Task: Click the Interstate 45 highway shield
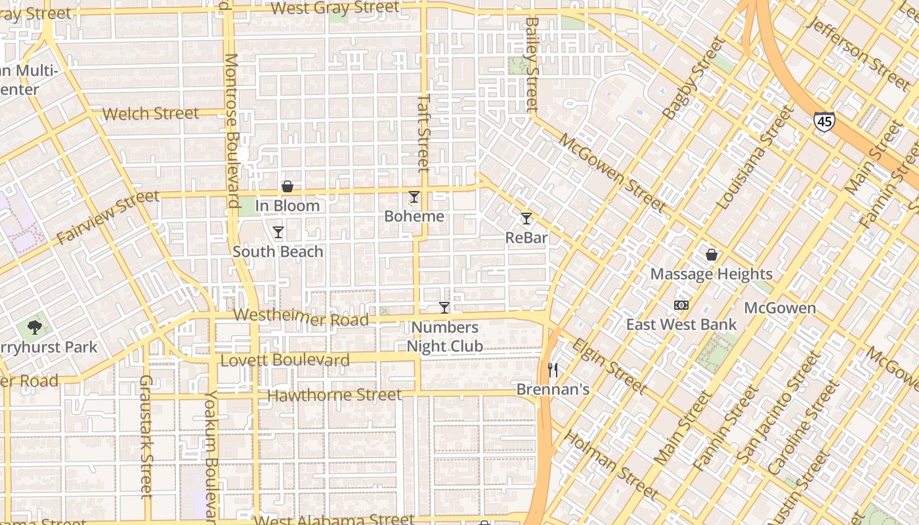tap(824, 121)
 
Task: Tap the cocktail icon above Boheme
tap(414, 197)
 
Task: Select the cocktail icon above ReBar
tap(526, 219)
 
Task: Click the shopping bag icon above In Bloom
tap(287, 186)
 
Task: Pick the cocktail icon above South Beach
tap(278, 232)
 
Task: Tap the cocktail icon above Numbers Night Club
tap(444, 308)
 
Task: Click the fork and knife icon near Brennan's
tap(553, 370)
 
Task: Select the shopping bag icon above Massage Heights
tap(711, 255)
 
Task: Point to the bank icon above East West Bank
tap(681, 305)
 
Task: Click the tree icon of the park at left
tap(34, 327)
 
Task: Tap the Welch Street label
tap(150, 114)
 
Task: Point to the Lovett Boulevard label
tap(285, 360)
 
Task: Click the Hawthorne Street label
tap(334, 395)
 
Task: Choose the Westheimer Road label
tap(301, 318)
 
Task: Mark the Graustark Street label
tap(146, 436)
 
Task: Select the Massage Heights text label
tap(711, 274)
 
